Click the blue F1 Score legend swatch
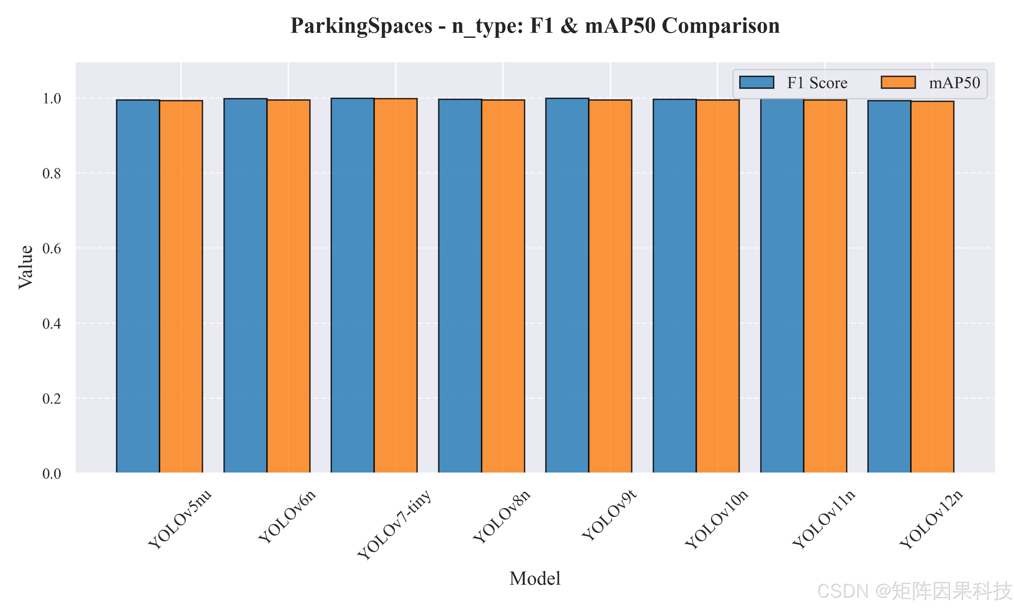(x=756, y=82)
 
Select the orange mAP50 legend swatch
(x=898, y=82)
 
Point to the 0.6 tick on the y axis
(x=52, y=249)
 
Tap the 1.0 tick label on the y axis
(x=52, y=99)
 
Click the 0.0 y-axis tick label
(x=52, y=474)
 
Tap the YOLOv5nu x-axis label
(x=179, y=519)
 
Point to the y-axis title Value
(x=25, y=267)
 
